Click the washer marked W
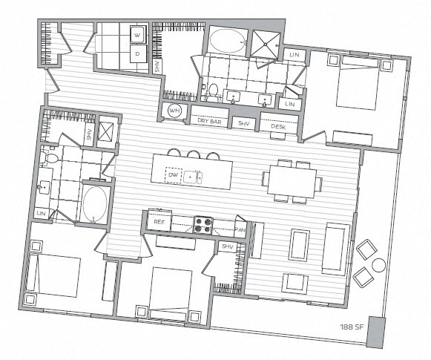[139, 35]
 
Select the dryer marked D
[139, 54]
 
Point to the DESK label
[278, 126]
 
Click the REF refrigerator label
[158, 221]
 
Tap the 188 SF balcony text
[352, 326]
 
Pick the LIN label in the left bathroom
[41, 213]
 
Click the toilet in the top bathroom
[212, 92]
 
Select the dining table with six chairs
[292, 180]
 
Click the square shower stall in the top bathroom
[264, 44]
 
